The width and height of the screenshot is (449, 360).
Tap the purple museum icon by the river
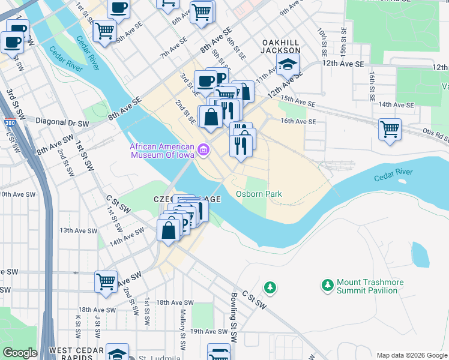(203, 149)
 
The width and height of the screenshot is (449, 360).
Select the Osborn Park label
(259, 194)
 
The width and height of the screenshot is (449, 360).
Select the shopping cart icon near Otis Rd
(390, 128)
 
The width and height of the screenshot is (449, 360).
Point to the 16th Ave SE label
(298, 121)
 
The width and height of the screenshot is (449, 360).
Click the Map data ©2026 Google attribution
(411, 355)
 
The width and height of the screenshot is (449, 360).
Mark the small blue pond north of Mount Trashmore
(421, 254)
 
